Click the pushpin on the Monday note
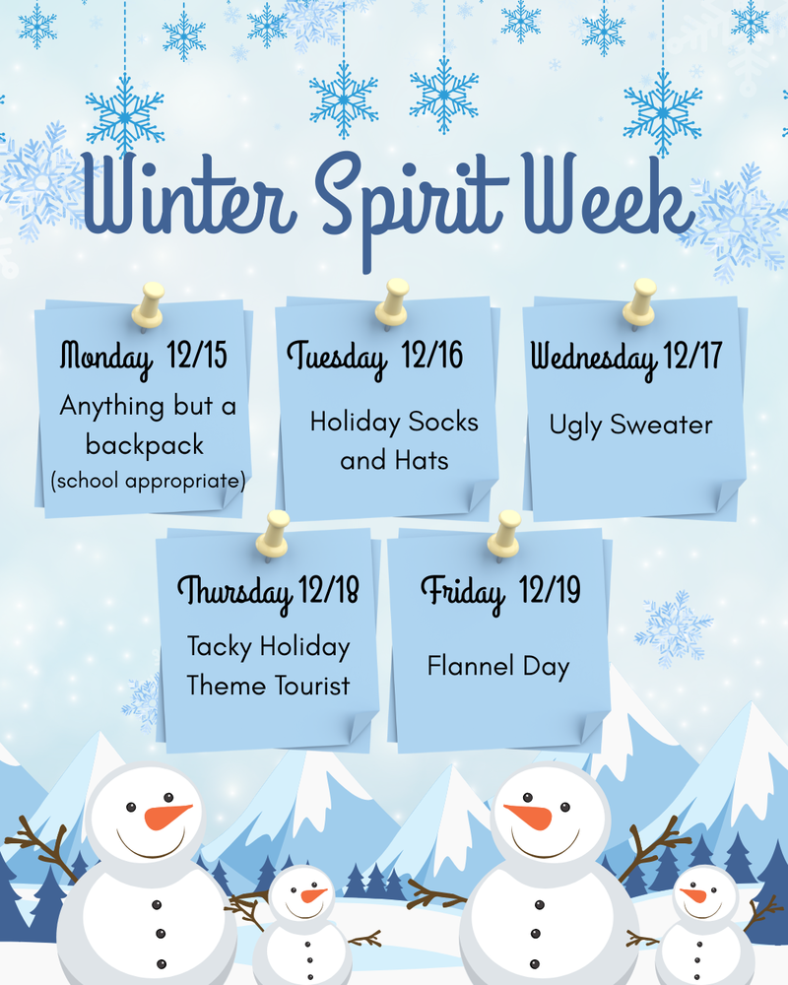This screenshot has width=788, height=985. coord(150,304)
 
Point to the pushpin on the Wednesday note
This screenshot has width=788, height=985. coord(639,300)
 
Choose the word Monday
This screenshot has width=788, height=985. coord(106,355)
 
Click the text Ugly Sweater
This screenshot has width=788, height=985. coord(630,426)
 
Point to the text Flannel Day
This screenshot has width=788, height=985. coord(498,667)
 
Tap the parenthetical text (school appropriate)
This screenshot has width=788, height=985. coord(147,481)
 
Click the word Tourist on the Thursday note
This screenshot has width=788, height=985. coord(312,685)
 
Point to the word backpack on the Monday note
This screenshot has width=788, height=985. coord(145,444)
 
